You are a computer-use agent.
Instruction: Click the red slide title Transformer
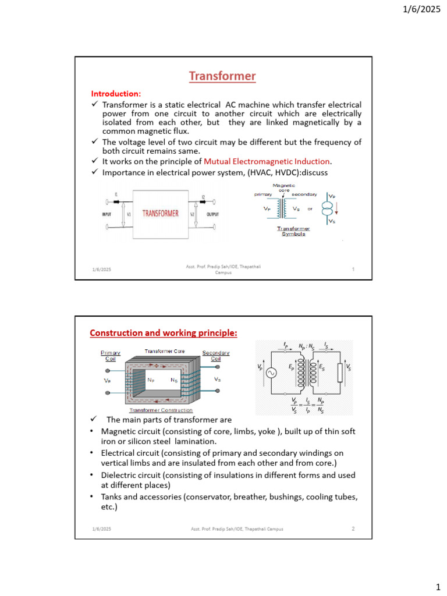pyautogui.click(x=222, y=76)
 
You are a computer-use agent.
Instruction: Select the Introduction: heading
pyautogui.click(x=116, y=94)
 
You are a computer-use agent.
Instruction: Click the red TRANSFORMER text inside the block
pyautogui.click(x=161, y=214)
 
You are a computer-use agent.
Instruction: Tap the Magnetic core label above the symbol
pyautogui.click(x=284, y=187)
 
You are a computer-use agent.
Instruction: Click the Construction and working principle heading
pyautogui.click(x=163, y=333)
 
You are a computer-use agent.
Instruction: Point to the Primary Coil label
pyautogui.click(x=111, y=356)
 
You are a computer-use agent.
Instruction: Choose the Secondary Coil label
pyautogui.click(x=216, y=356)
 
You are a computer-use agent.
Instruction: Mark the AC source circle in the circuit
pyautogui.click(x=271, y=373)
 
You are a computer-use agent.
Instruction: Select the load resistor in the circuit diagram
pyautogui.click(x=340, y=373)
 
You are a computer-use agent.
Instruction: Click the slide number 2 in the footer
pyautogui.click(x=353, y=528)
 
